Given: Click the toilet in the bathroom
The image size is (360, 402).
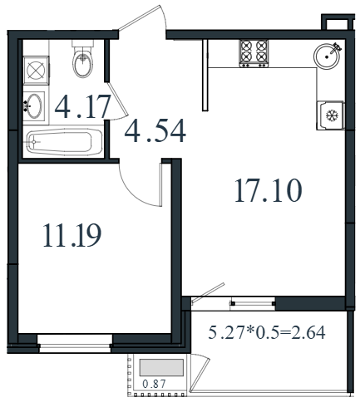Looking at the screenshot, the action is pyautogui.click(x=82, y=59).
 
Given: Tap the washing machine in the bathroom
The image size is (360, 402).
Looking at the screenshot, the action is pyautogui.click(x=36, y=71).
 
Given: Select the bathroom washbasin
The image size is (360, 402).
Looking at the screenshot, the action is pyautogui.click(x=34, y=106).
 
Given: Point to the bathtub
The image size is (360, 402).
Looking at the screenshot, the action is pyautogui.click(x=64, y=141).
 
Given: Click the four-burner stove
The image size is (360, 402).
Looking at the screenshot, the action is pyautogui.click(x=254, y=53).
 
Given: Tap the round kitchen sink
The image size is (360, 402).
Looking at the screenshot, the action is pyautogui.click(x=328, y=56).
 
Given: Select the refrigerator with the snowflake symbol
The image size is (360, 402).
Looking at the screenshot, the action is pyautogui.click(x=331, y=115).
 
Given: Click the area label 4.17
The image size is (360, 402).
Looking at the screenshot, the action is pyautogui.click(x=82, y=106).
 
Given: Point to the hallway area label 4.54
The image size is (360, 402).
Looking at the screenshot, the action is pyautogui.click(x=155, y=130).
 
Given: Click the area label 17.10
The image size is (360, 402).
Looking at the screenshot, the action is pyautogui.click(x=269, y=190).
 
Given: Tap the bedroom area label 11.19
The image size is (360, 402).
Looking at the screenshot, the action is pyautogui.click(x=72, y=235).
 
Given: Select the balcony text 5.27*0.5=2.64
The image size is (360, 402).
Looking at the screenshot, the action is pyautogui.click(x=267, y=332).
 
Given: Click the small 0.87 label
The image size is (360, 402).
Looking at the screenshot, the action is pyautogui.click(x=154, y=384).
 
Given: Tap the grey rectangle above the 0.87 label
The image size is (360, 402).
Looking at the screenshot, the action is pyautogui.click(x=161, y=367).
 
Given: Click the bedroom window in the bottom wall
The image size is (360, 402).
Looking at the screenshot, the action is pyautogui.click(x=75, y=343).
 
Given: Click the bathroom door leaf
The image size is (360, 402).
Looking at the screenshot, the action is pyautogui.click(x=118, y=99).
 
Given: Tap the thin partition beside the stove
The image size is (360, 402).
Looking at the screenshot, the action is pyautogui.click(x=205, y=75).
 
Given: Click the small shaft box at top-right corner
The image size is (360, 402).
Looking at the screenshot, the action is pyautogui.click(x=338, y=22).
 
